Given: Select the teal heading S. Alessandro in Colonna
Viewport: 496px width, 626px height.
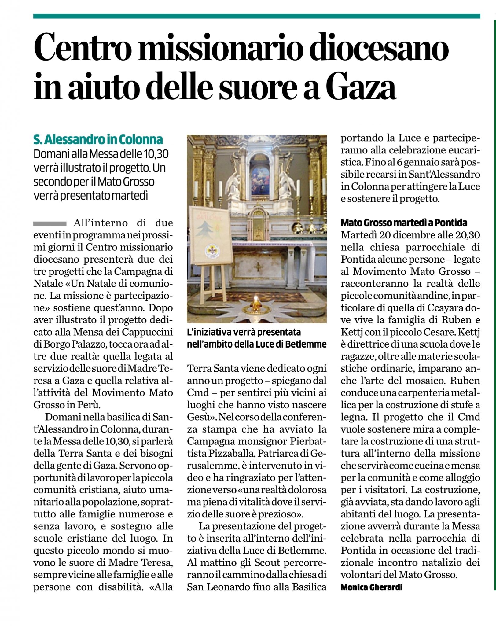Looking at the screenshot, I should pyautogui.click(x=98, y=139).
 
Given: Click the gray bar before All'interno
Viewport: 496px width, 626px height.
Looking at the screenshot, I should pyautogui.click(x=50, y=223).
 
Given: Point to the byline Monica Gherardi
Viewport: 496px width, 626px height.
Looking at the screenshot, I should pyautogui.click(x=371, y=587).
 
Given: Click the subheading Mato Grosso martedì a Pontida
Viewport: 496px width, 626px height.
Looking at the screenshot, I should pyautogui.click(x=404, y=223).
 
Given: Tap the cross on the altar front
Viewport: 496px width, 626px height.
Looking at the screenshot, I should pyautogui.click(x=258, y=267).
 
